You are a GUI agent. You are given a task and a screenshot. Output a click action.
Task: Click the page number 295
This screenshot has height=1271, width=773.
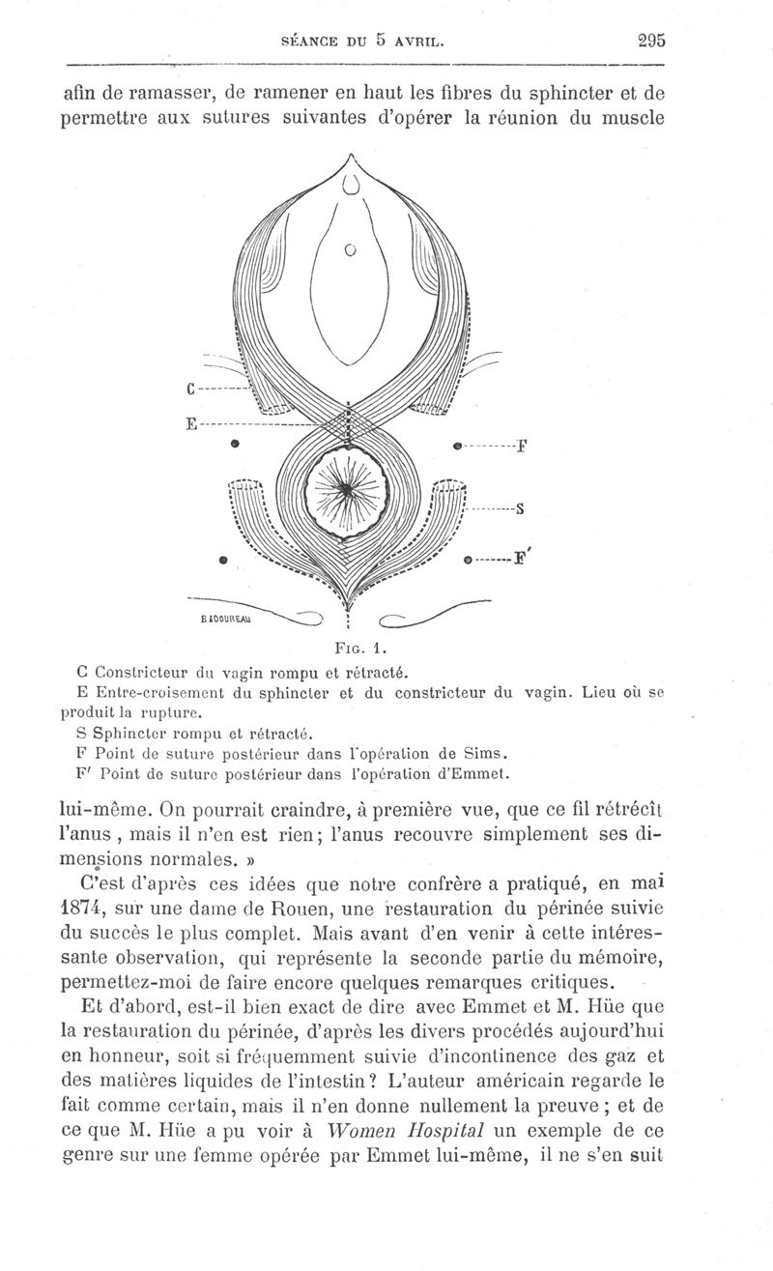[x=653, y=42]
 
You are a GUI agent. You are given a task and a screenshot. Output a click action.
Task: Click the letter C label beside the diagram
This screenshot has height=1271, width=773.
[x=190, y=390]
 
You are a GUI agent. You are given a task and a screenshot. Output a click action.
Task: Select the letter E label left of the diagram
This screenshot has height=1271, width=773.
[x=190, y=422]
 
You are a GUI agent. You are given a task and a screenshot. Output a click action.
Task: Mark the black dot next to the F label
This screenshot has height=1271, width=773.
[x=457, y=446]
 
